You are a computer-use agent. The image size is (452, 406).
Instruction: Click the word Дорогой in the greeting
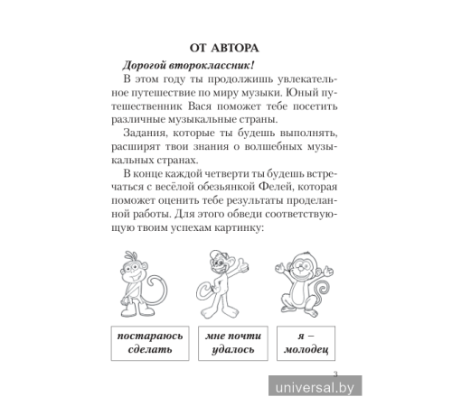click(x=133, y=65)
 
